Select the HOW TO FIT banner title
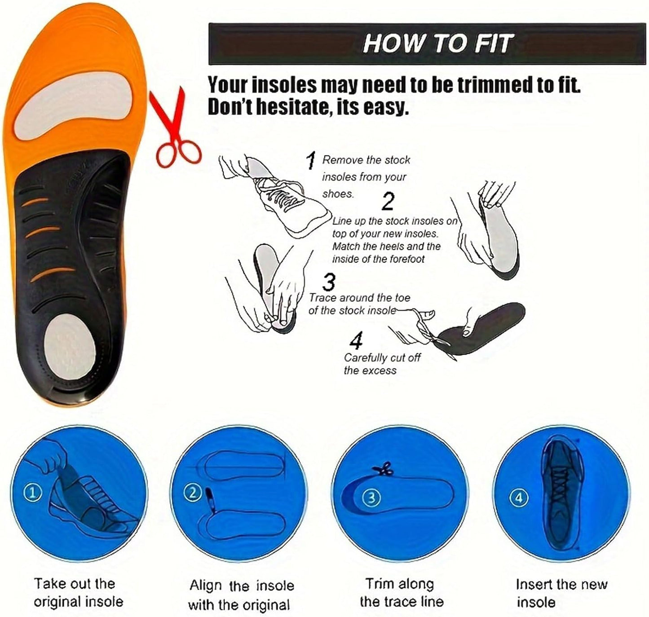tap(437, 44)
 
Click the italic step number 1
tap(311, 160)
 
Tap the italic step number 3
tap(329, 282)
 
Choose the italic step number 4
tap(356, 341)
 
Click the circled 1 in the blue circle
tap(32, 493)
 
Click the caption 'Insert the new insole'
tap(561, 593)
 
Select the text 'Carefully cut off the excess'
tap(382, 364)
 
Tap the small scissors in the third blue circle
tap(384, 470)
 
